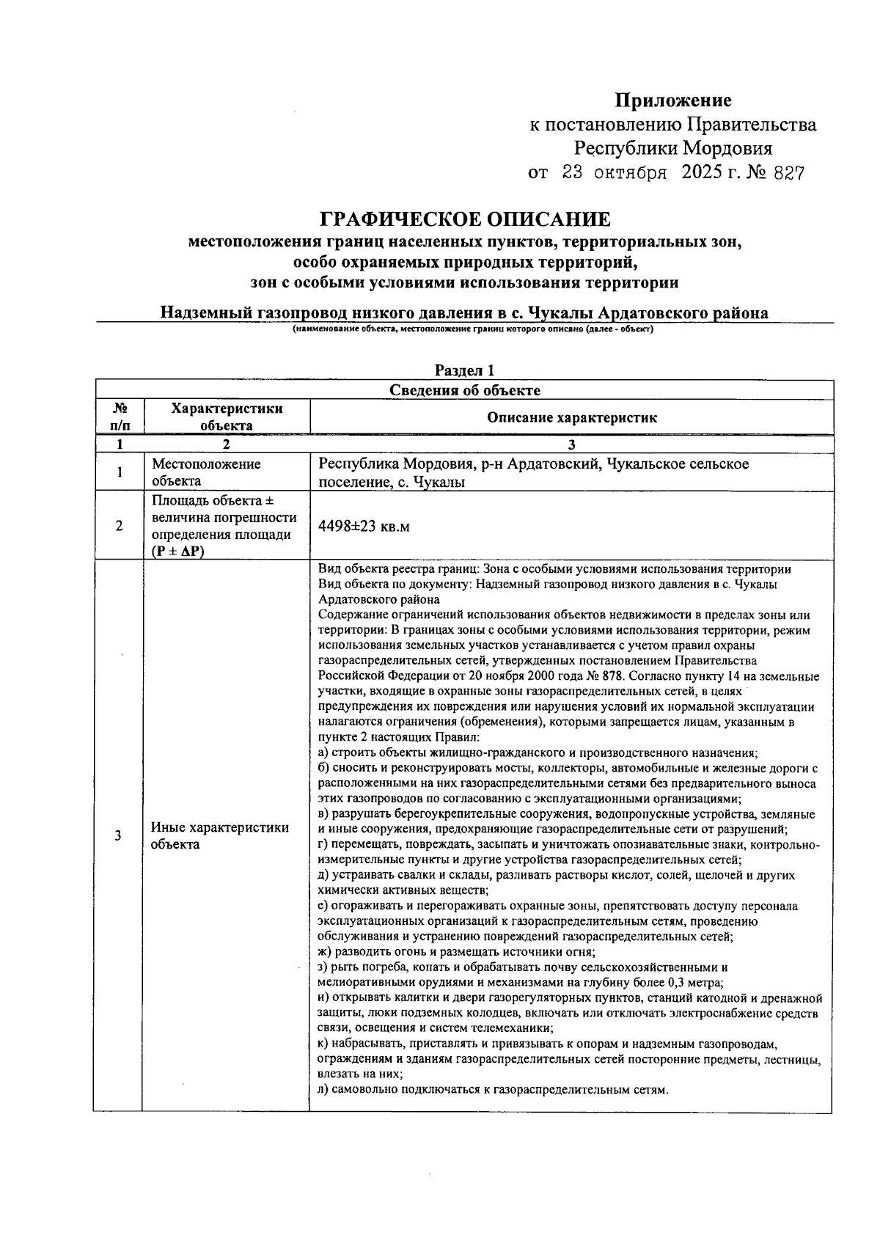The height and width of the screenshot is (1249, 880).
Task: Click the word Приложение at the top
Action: [672, 100]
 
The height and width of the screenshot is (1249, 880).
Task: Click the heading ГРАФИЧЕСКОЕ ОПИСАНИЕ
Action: [465, 219]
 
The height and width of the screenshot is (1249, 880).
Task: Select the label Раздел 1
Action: [464, 371]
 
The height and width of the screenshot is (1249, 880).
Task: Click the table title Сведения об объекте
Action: [464, 390]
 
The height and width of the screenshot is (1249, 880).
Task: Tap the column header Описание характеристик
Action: [571, 418]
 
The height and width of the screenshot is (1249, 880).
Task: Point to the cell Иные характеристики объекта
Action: [220, 835]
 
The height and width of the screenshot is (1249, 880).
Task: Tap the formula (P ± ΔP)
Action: [178, 551]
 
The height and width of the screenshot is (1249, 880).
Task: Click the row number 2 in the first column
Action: [119, 526]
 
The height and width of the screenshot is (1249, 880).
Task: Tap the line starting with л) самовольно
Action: [494, 1090]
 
